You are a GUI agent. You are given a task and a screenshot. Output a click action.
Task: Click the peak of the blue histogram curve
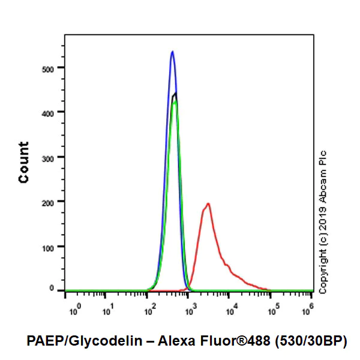click(172, 52)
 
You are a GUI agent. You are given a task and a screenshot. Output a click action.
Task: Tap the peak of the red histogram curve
click(208, 203)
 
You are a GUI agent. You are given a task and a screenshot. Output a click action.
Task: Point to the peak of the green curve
click(175, 101)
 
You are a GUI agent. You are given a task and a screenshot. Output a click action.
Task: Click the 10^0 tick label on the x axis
click(75, 310)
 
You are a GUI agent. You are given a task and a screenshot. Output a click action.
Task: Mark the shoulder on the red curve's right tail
click(227, 264)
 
